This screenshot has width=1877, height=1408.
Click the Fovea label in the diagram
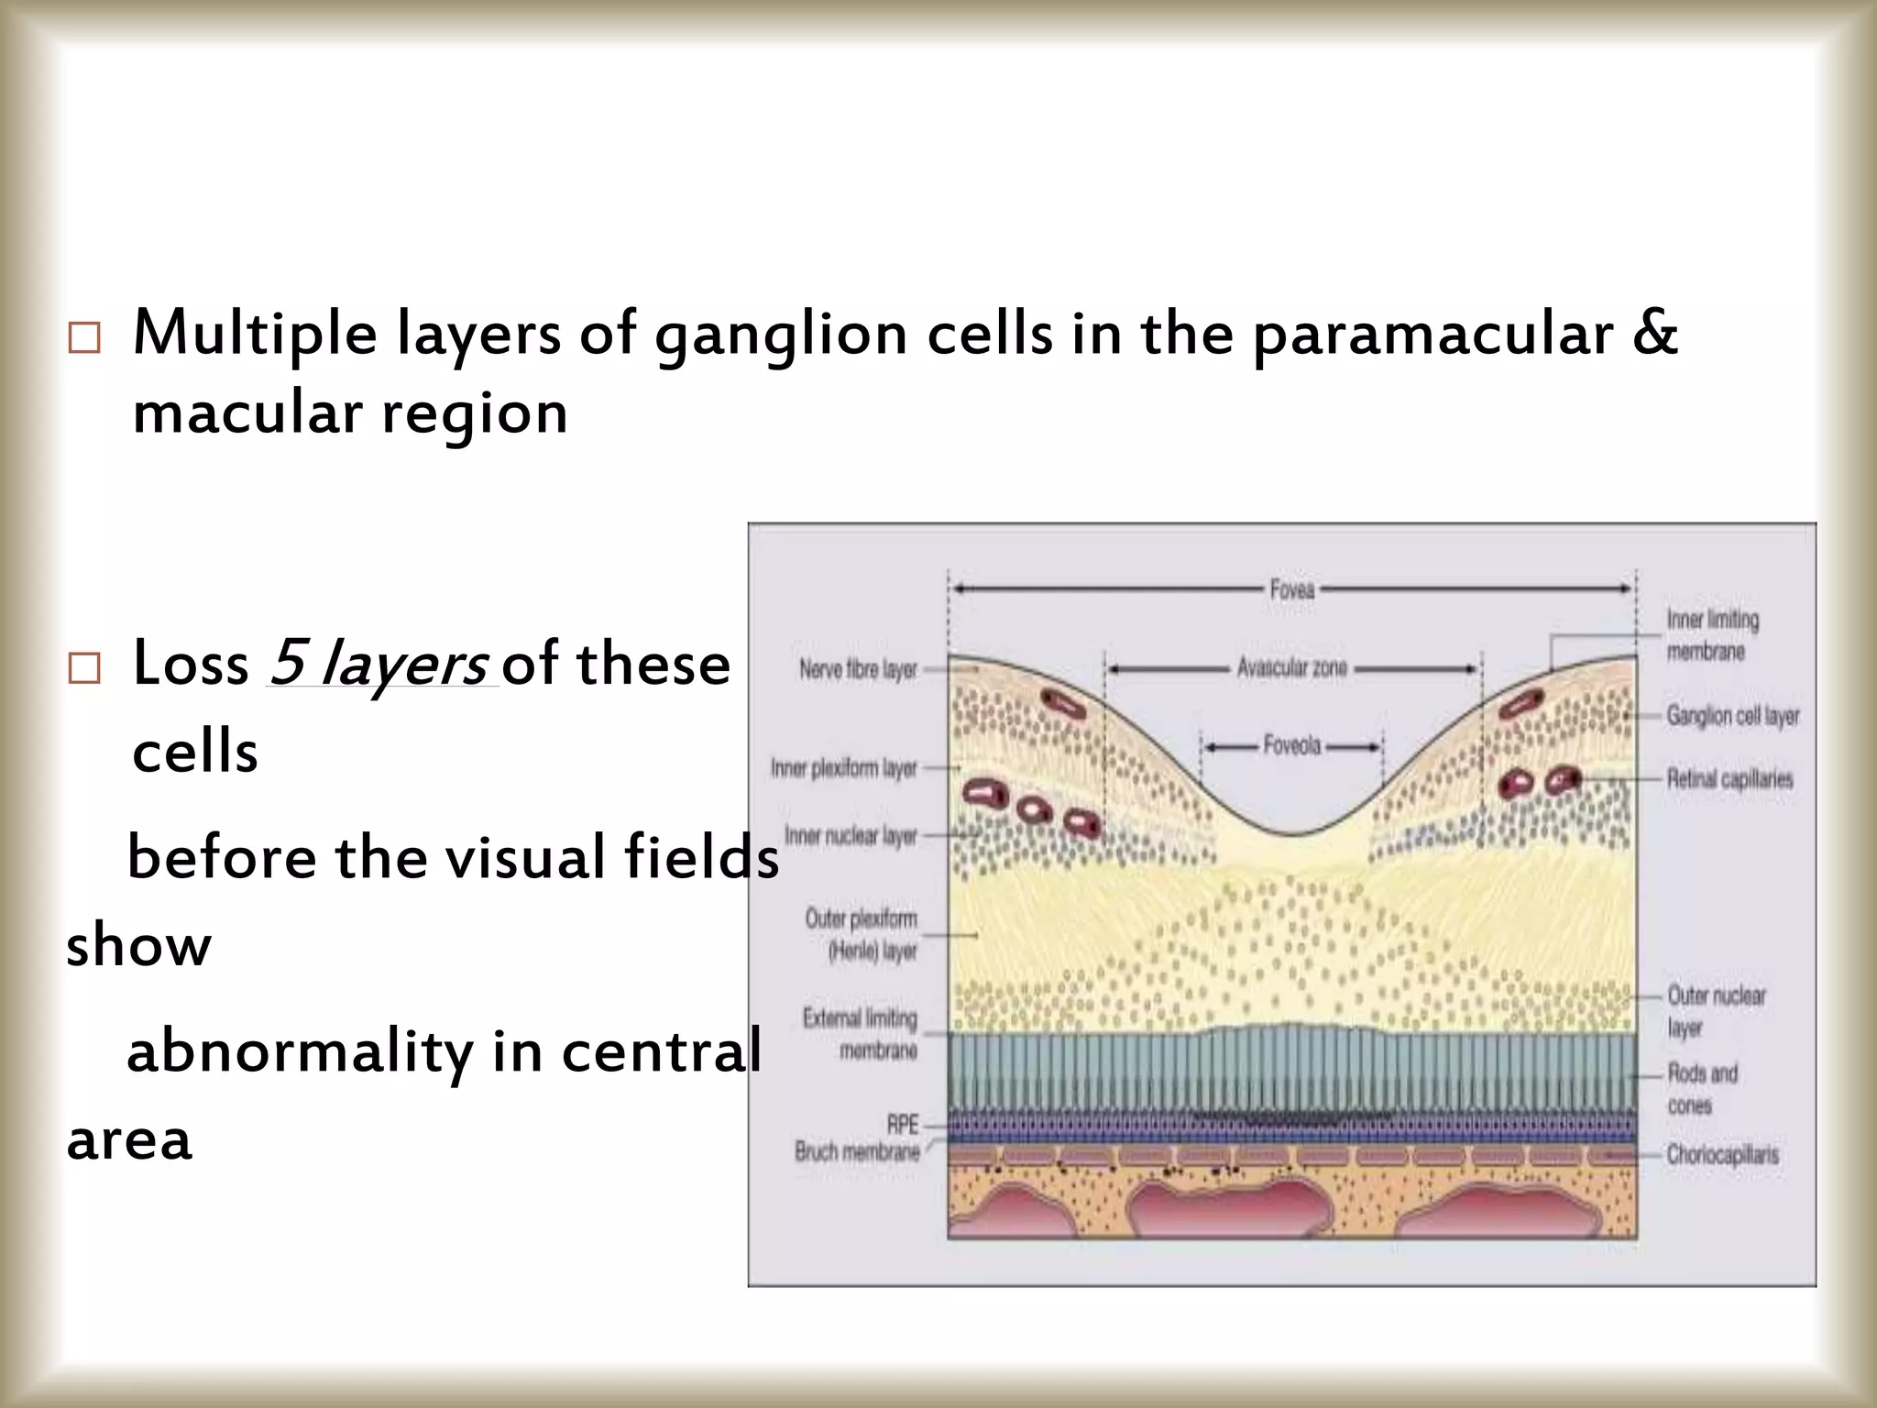point(1292,589)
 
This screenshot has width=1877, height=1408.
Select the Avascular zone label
point(1292,668)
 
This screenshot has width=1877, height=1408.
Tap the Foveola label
point(1292,746)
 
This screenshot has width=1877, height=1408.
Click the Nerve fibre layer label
point(858,670)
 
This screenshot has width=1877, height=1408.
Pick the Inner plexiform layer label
point(844,768)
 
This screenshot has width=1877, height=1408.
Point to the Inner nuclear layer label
point(851,836)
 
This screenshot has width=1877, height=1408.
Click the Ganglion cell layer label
point(1732,716)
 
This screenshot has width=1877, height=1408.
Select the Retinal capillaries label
point(1729,779)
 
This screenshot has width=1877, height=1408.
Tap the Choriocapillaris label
point(1722,1154)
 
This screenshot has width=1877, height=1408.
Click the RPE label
point(903,1125)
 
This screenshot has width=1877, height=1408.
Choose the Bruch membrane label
point(857,1151)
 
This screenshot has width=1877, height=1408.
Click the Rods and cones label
point(1702,1089)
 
